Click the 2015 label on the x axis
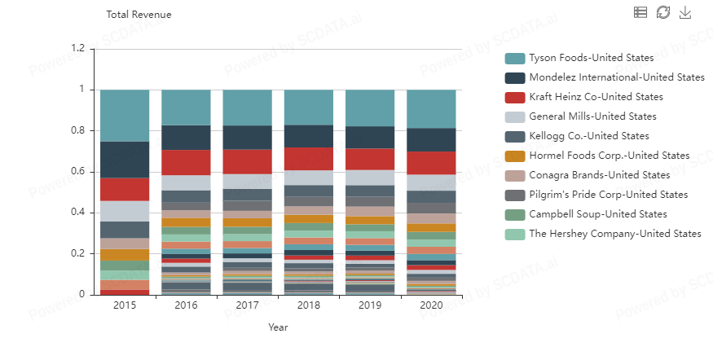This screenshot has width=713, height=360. pyautogui.click(x=125, y=306)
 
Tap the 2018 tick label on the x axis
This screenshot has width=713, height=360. pyautogui.click(x=309, y=306)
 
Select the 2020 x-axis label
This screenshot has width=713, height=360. pyautogui.click(x=431, y=306)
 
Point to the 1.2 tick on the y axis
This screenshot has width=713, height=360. pyautogui.click(x=78, y=49)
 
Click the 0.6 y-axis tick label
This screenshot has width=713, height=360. pyautogui.click(x=78, y=172)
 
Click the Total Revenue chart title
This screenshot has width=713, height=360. pyautogui.click(x=139, y=15)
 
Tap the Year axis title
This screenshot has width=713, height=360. pyautogui.click(x=278, y=327)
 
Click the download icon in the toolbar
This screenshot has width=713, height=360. pyautogui.click(x=684, y=12)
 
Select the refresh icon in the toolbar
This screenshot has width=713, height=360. pyautogui.click(x=662, y=12)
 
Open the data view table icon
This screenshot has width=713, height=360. pyautogui.click(x=640, y=12)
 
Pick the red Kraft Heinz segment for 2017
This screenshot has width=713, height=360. pyautogui.click(x=248, y=161)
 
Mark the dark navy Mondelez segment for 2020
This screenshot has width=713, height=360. pyautogui.click(x=431, y=139)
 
